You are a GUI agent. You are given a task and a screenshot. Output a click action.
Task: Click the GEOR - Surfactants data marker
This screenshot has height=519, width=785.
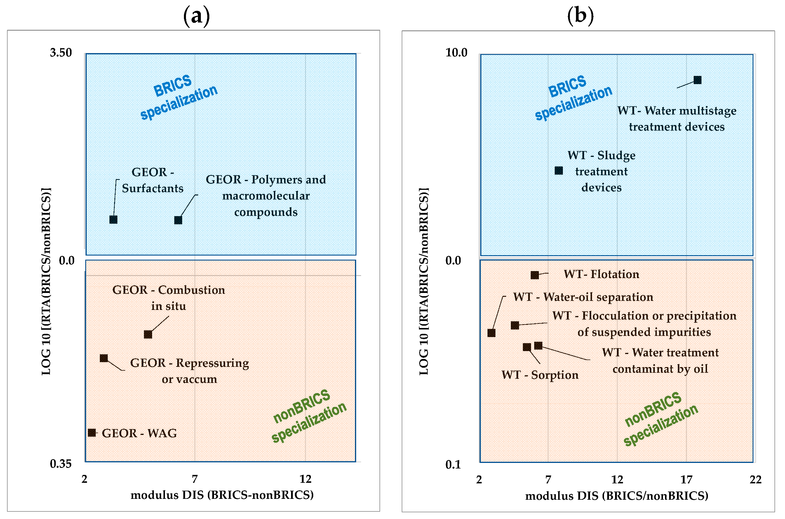click(114, 220)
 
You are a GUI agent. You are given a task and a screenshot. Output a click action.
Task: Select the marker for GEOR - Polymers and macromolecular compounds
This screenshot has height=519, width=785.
click(178, 220)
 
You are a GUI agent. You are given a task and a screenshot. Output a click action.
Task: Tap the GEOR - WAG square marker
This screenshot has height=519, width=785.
click(92, 433)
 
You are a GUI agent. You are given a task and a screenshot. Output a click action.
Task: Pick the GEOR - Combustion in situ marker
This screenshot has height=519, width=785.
click(148, 335)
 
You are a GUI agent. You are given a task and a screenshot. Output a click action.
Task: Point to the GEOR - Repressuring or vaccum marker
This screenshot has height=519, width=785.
click(104, 358)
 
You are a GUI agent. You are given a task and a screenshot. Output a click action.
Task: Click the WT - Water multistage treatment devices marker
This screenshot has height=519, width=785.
click(698, 80)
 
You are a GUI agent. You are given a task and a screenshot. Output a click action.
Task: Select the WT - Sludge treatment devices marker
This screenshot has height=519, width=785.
click(559, 171)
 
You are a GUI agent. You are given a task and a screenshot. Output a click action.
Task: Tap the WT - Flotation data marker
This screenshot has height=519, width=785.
click(535, 275)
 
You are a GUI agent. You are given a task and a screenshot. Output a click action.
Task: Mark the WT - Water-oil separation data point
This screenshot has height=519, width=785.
click(492, 333)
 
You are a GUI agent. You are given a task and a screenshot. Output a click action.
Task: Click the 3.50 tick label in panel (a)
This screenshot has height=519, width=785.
click(61, 53)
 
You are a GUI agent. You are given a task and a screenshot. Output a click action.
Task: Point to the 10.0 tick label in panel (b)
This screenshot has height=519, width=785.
click(456, 53)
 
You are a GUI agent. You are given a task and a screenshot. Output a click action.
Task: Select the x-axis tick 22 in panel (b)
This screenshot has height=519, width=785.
click(756, 480)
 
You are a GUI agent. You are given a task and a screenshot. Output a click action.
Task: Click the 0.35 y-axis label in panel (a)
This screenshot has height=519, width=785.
click(61, 464)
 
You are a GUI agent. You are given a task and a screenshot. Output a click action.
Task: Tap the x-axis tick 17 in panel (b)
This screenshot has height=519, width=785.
click(686, 480)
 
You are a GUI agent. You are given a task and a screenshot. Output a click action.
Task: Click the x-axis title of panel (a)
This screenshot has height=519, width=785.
click(222, 495)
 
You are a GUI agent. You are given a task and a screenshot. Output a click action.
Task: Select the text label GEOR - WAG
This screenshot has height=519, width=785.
click(139, 433)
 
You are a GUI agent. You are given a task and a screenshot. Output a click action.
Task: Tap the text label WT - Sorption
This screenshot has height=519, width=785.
click(540, 375)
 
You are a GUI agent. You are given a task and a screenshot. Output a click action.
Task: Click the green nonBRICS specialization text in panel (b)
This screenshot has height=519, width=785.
click(661, 420)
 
